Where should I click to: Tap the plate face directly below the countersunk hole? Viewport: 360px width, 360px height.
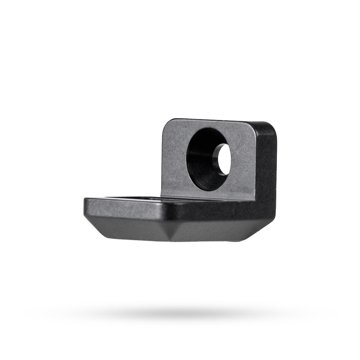coord(210,192)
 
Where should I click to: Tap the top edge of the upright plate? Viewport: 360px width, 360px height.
coord(216,121)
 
